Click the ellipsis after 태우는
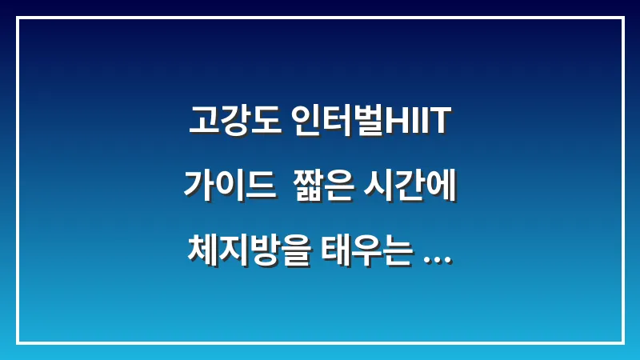click(x=435, y=259)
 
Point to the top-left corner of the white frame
click(x=18, y=18)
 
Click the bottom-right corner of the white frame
click(x=622, y=342)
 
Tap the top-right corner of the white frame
click(x=622, y=18)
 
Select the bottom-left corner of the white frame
click(x=18, y=342)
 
